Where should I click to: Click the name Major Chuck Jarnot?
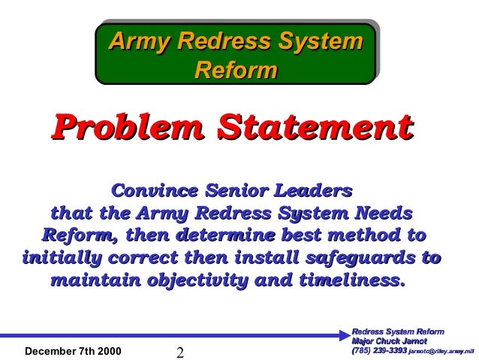click(384, 340)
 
